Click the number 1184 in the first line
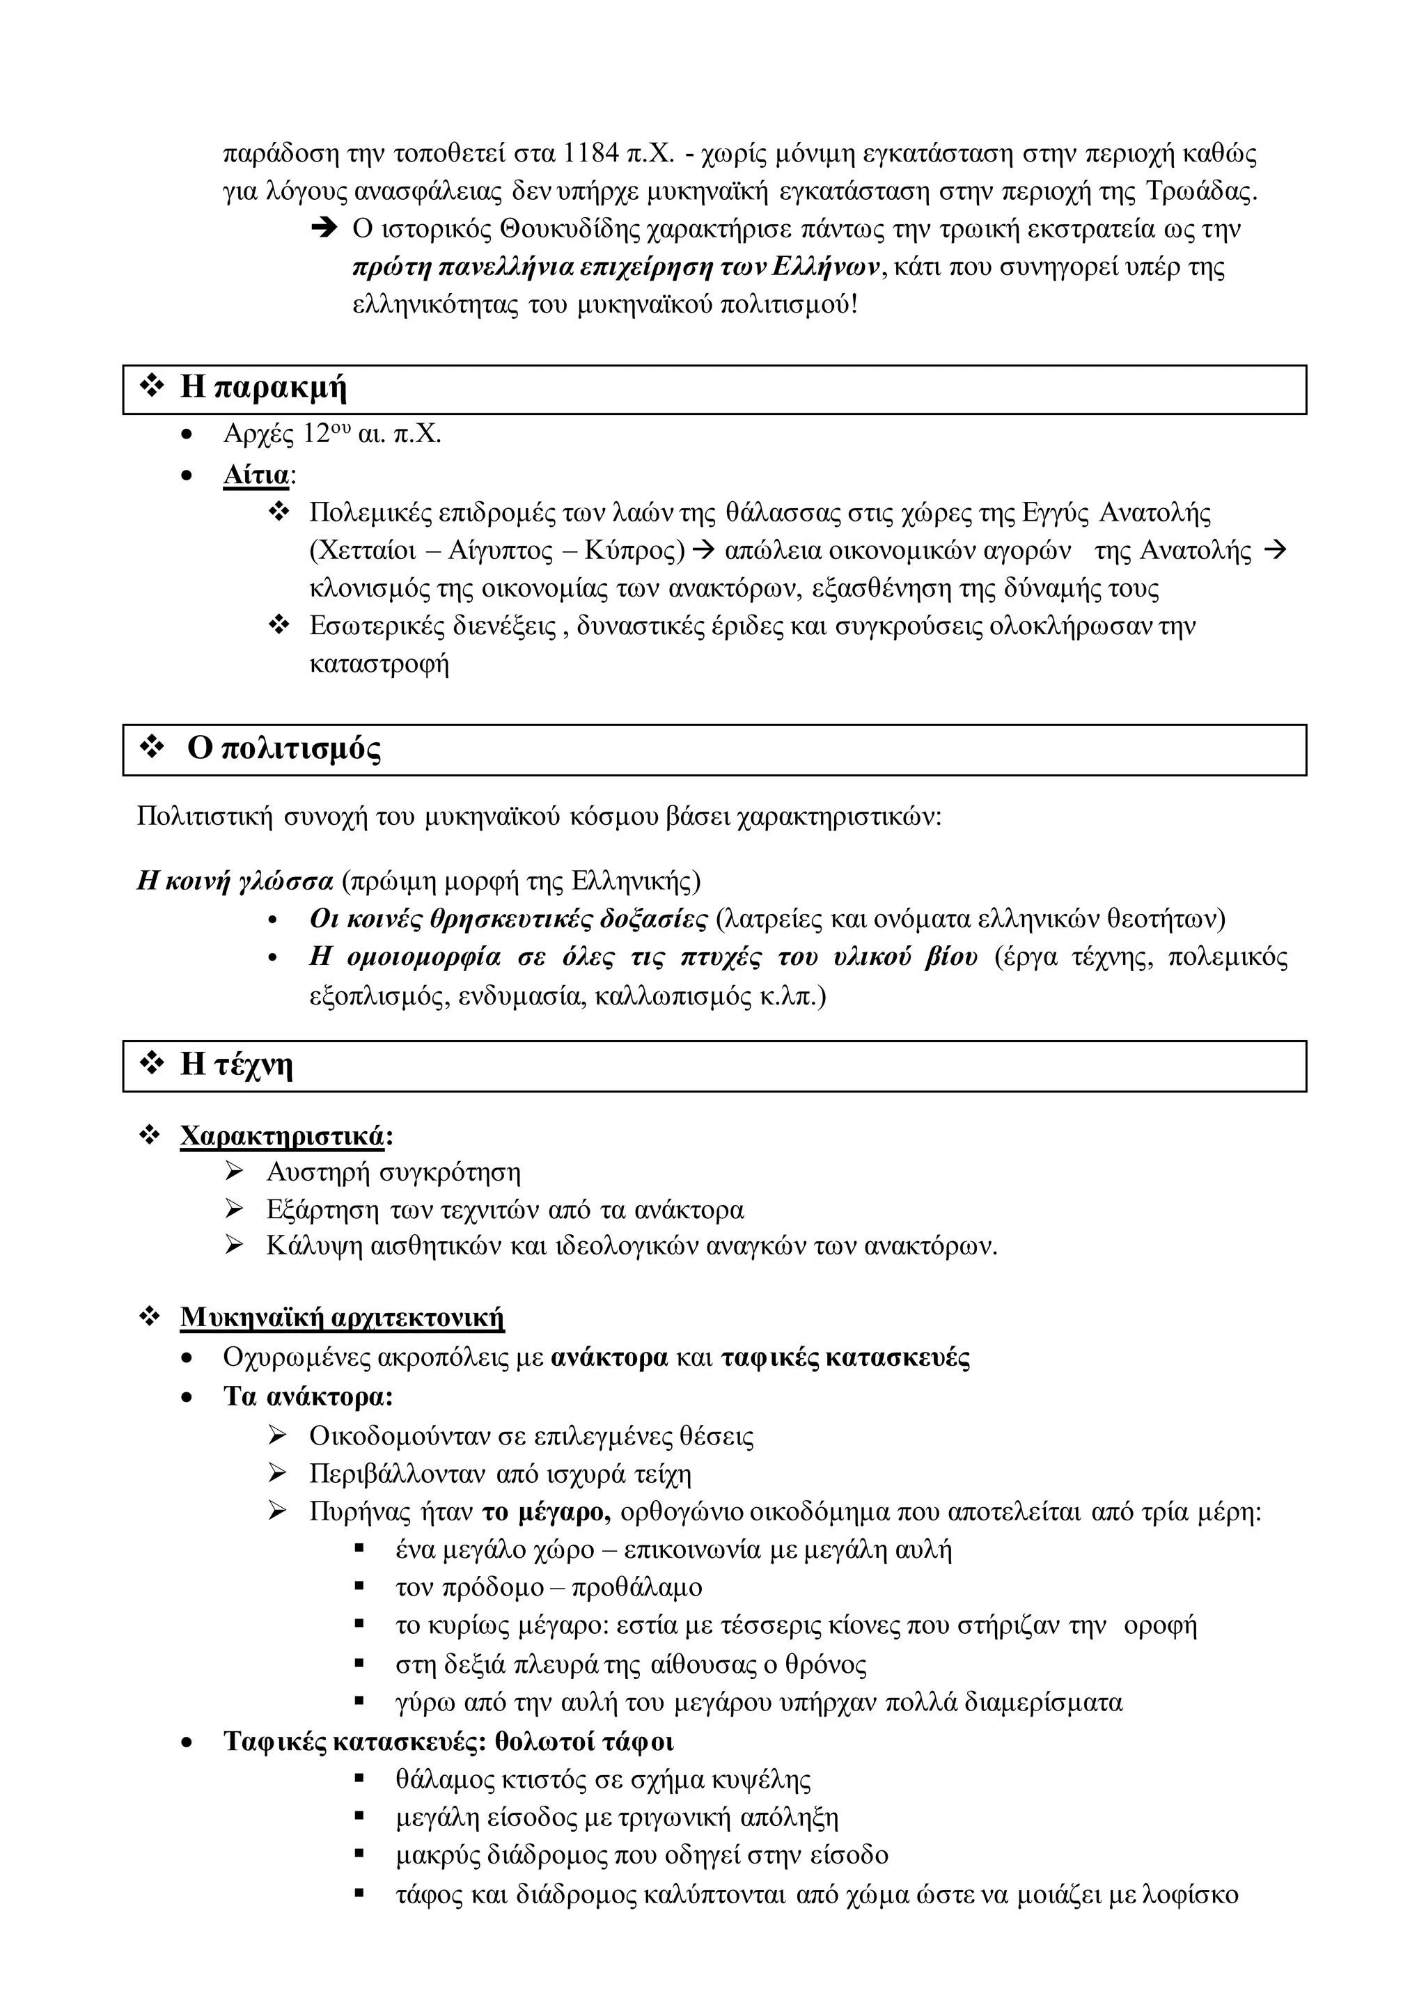591,155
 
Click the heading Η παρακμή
263,387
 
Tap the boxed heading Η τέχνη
236,1064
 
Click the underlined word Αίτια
256,475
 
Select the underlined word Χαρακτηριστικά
282,1136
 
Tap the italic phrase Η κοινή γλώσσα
235,881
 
